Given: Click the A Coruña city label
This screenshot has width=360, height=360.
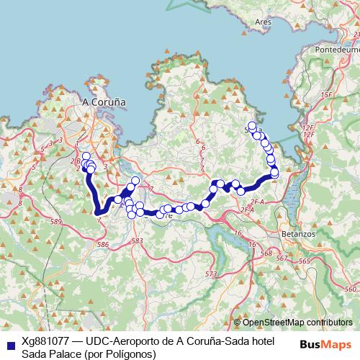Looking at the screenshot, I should [104, 102].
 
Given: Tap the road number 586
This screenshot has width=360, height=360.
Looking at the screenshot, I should [103, 245].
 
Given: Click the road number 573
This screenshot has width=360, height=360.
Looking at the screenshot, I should [211, 274].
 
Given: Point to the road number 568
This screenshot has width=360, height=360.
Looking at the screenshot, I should [266, 253].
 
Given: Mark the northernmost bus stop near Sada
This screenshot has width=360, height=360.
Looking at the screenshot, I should [252, 125].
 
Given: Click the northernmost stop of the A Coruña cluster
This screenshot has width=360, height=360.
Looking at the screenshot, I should [86, 156].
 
